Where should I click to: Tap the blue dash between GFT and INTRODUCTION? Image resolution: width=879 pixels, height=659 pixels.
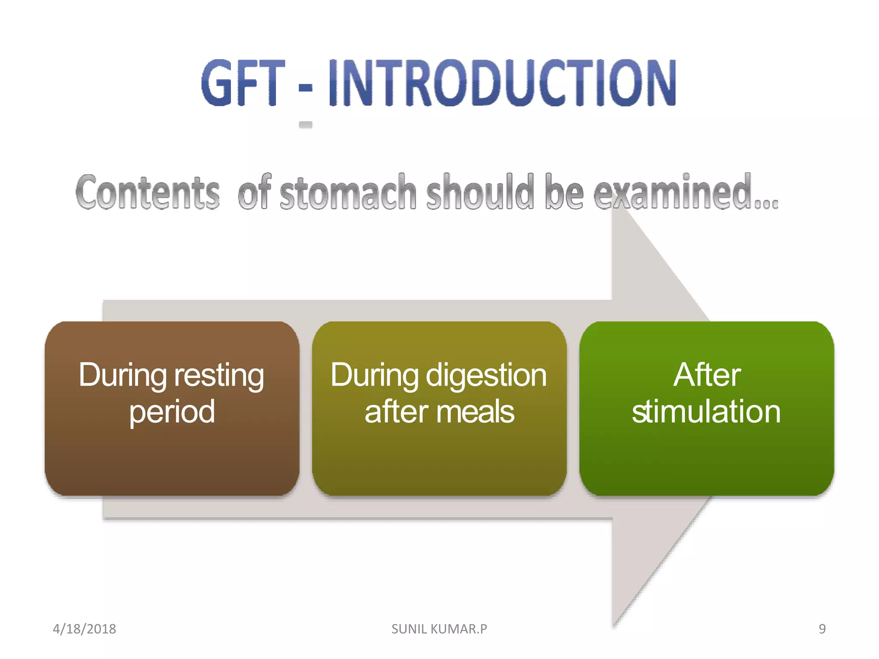pyautogui.click(x=305, y=88)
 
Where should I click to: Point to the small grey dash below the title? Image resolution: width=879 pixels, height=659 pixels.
pyautogui.click(x=305, y=125)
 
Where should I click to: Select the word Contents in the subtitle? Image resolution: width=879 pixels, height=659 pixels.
pyautogui.click(x=148, y=192)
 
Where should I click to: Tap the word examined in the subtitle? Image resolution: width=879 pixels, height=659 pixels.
pyautogui.click(x=674, y=192)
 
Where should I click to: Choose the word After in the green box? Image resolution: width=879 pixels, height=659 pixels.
pyautogui.click(x=707, y=375)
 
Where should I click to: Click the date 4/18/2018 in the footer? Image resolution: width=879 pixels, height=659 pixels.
pyautogui.click(x=85, y=629)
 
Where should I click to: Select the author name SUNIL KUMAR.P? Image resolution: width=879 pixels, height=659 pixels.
pyautogui.click(x=439, y=629)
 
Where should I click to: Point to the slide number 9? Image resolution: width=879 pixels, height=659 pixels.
pyautogui.click(x=822, y=629)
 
